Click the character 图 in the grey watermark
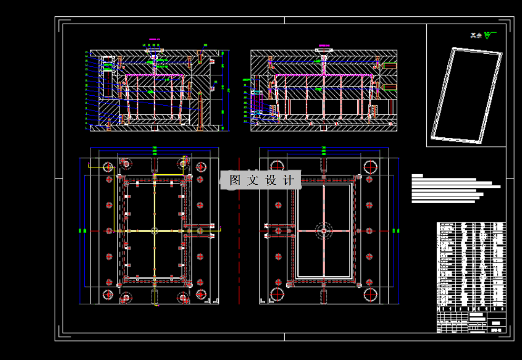pyautogui.click(x=234, y=180)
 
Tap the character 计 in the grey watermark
pyautogui.click(x=288, y=180)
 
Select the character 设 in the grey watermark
pyautogui.click(x=271, y=180)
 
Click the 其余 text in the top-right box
pyautogui.click(x=476, y=36)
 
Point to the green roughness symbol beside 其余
pyautogui.click(x=488, y=36)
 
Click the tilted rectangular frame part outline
pyautogui.click(x=466, y=95)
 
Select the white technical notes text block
pyautogui.click(x=455, y=188)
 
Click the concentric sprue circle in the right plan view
pyautogui.click(x=323, y=230)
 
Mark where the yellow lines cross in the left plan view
pyautogui.click(x=154, y=231)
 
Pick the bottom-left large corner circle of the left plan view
pyautogui.click(x=109, y=294)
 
